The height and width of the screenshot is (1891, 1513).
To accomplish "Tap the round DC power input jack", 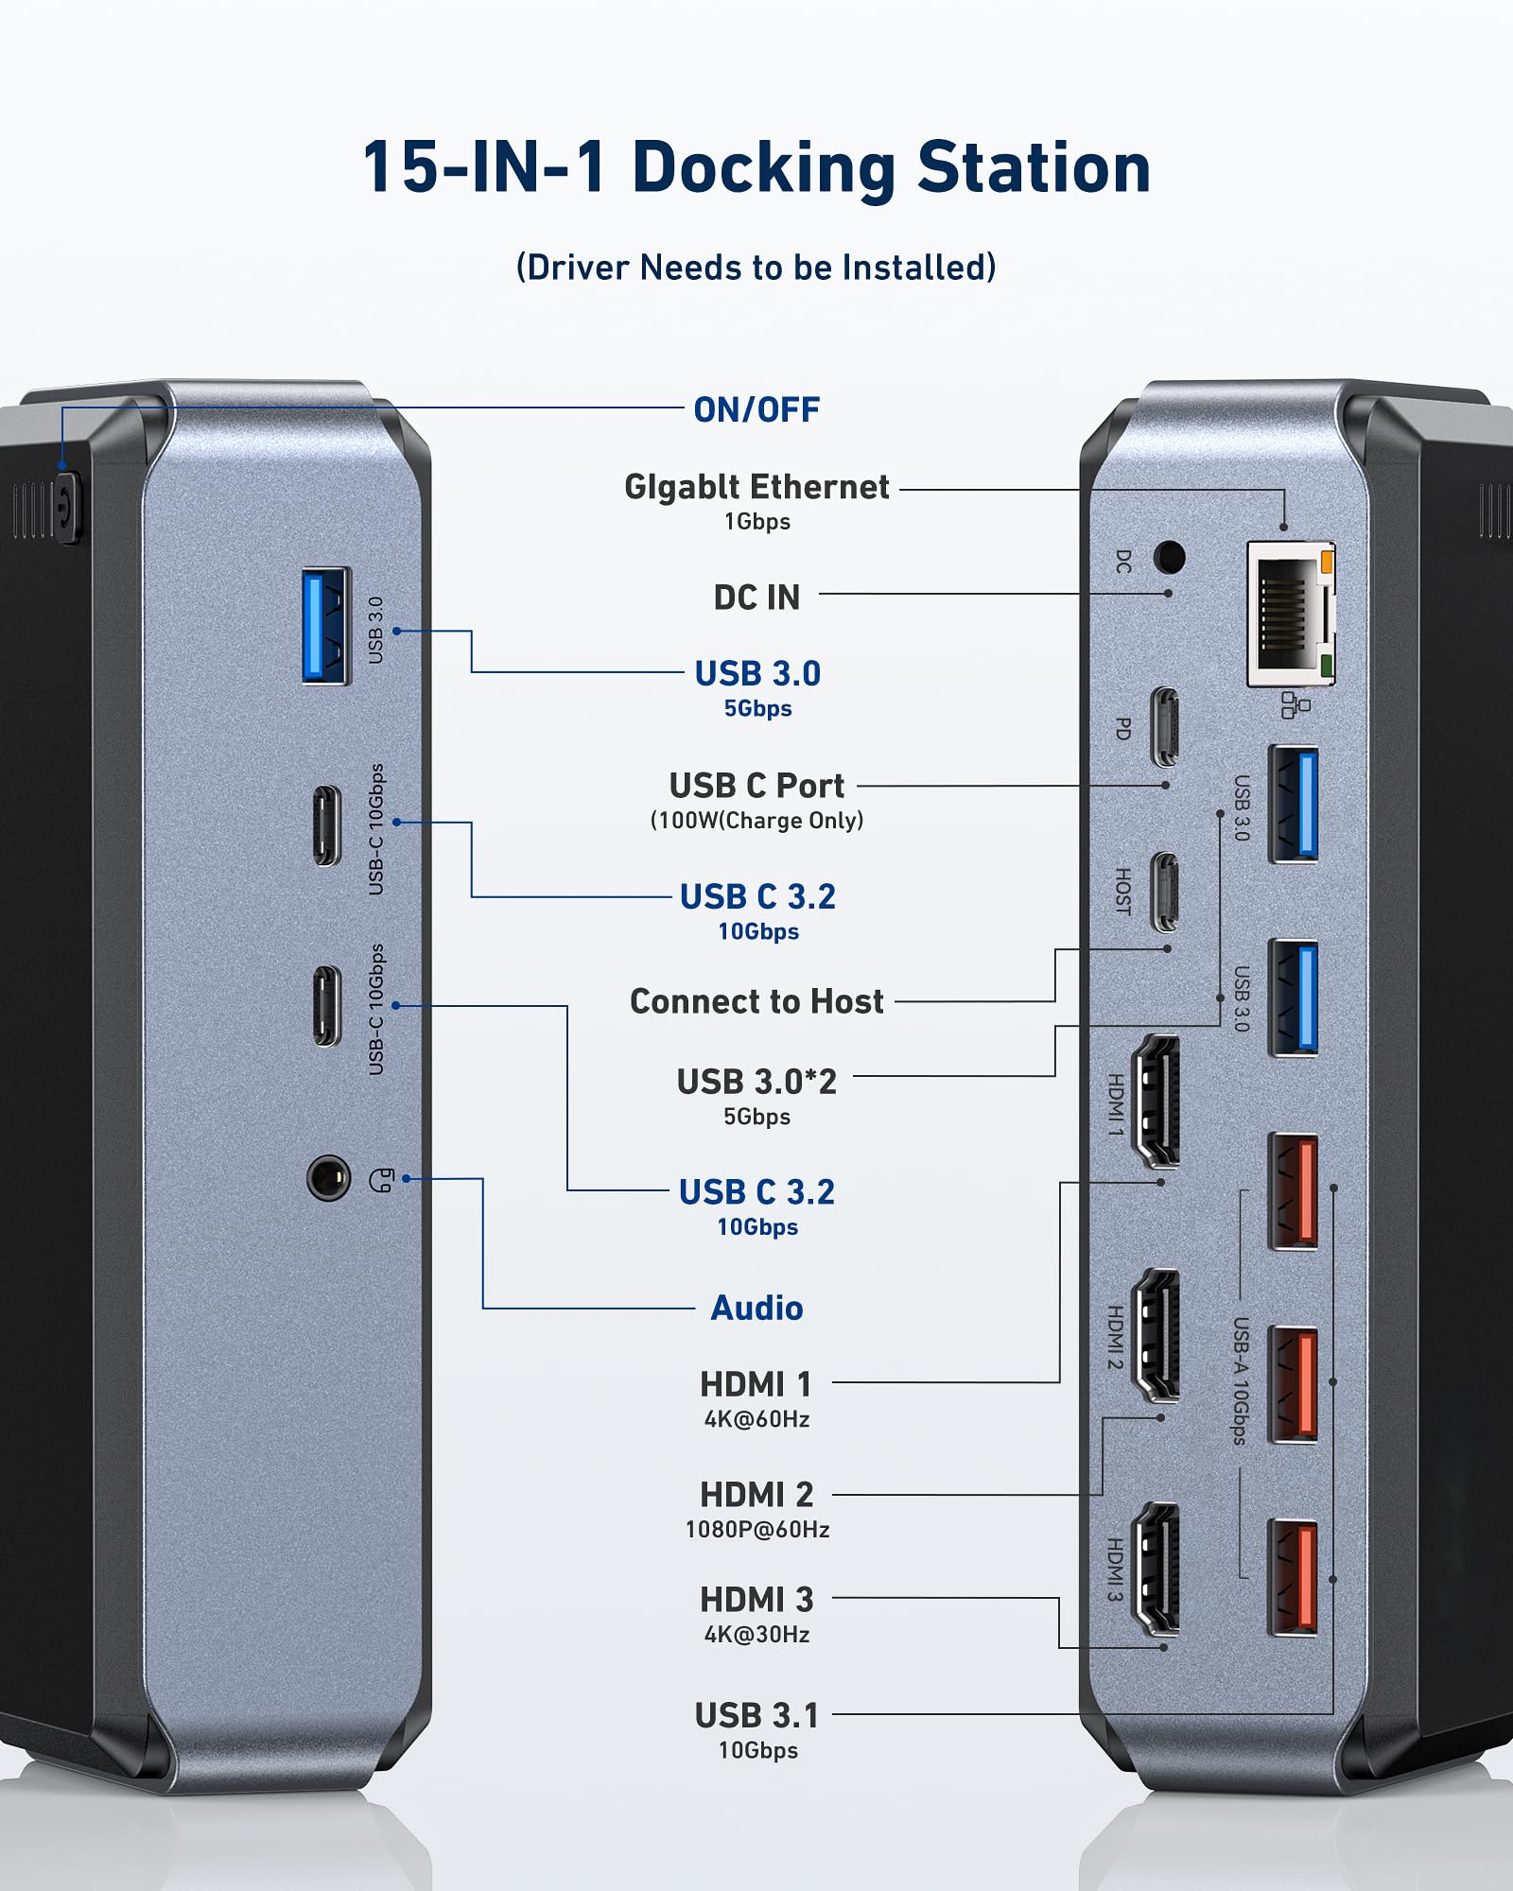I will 1170,557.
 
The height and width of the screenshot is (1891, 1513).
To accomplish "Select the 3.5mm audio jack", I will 328,1178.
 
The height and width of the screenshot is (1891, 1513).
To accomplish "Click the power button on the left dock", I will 66,509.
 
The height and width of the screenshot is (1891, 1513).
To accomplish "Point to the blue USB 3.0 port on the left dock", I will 325,625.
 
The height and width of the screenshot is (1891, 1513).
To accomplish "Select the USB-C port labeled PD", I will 1165,726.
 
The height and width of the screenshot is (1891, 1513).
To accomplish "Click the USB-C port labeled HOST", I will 1165,892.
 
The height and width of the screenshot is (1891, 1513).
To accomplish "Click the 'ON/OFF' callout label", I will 756,410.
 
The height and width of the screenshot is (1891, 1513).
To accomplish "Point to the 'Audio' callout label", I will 756,1309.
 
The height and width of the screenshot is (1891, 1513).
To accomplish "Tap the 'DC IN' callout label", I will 756,598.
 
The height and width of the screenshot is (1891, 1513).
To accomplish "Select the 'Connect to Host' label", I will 756,1001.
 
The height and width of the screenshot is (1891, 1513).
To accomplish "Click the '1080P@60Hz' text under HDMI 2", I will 756,1530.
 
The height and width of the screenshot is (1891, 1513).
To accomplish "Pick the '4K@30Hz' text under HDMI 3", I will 756,1635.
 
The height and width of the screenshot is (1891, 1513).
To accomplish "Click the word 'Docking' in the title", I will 762,168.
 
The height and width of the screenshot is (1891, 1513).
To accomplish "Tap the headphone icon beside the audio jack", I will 381,1180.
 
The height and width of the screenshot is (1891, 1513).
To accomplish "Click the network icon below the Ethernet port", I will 1296,704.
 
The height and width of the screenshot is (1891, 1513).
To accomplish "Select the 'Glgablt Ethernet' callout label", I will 756,487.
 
